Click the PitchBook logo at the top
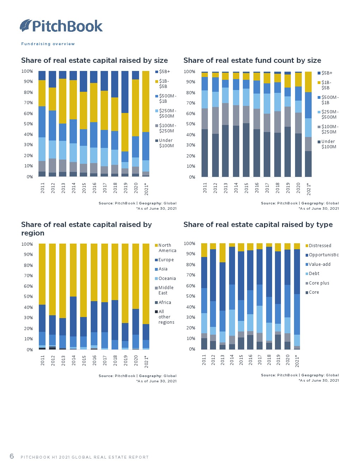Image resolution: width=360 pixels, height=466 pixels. (x=61, y=26)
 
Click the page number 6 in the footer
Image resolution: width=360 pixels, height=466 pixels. (x=12, y=456)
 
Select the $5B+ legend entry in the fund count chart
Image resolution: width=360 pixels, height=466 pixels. (x=325, y=73)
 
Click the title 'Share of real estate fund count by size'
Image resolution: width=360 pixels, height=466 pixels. (x=252, y=60)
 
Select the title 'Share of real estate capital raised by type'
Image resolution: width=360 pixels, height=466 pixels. (x=258, y=225)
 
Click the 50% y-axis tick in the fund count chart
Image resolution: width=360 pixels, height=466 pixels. (x=191, y=124)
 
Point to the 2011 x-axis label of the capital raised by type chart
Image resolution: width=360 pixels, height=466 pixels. (x=204, y=359)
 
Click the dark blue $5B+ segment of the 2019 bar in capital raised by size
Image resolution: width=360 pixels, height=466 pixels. (x=125, y=92)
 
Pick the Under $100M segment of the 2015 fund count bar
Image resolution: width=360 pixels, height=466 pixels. (x=246, y=150)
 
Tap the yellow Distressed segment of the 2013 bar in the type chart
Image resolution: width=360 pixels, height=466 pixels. (x=222, y=252)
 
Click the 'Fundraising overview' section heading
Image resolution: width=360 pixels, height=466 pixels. (x=48, y=44)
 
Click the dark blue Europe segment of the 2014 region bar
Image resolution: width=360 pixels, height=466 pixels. (x=73, y=316)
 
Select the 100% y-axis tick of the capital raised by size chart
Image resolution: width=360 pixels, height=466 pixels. (x=27, y=71)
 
